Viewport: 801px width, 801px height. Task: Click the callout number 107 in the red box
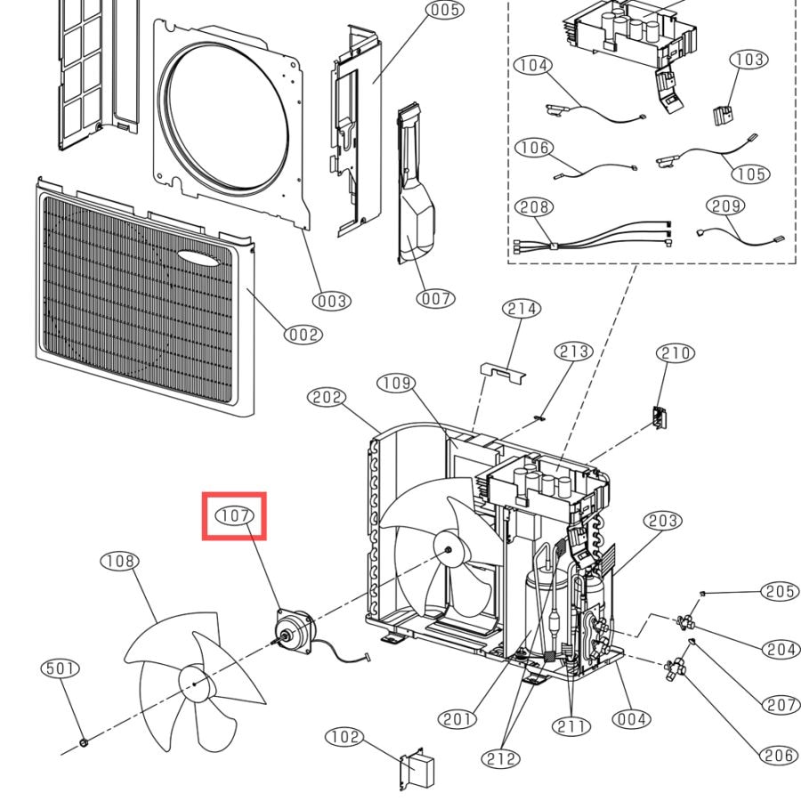pyautogui.click(x=234, y=515)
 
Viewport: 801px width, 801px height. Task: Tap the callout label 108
pyautogui.click(x=120, y=561)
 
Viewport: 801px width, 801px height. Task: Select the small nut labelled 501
pyautogui.click(x=84, y=741)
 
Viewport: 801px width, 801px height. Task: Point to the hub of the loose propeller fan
pyautogui.click(x=194, y=684)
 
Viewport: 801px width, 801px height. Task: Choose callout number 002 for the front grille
pyautogui.click(x=303, y=335)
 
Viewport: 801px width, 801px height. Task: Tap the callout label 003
pyautogui.click(x=332, y=301)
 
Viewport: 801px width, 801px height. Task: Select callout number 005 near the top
pyautogui.click(x=445, y=10)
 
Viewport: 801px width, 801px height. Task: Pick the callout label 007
pyautogui.click(x=435, y=298)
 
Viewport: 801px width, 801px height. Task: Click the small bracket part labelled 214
pyautogui.click(x=503, y=373)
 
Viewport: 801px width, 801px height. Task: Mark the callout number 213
pyautogui.click(x=574, y=352)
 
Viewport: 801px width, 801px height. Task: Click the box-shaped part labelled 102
pyautogui.click(x=417, y=770)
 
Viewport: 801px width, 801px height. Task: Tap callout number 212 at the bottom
pyautogui.click(x=500, y=758)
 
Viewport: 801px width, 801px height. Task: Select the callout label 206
pyautogui.click(x=779, y=755)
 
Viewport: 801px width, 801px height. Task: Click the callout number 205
pyautogui.click(x=780, y=591)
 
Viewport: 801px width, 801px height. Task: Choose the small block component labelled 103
pyautogui.click(x=723, y=116)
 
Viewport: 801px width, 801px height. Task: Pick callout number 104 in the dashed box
pyautogui.click(x=533, y=65)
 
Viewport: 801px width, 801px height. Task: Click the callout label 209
pyautogui.click(x=726, y=206)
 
